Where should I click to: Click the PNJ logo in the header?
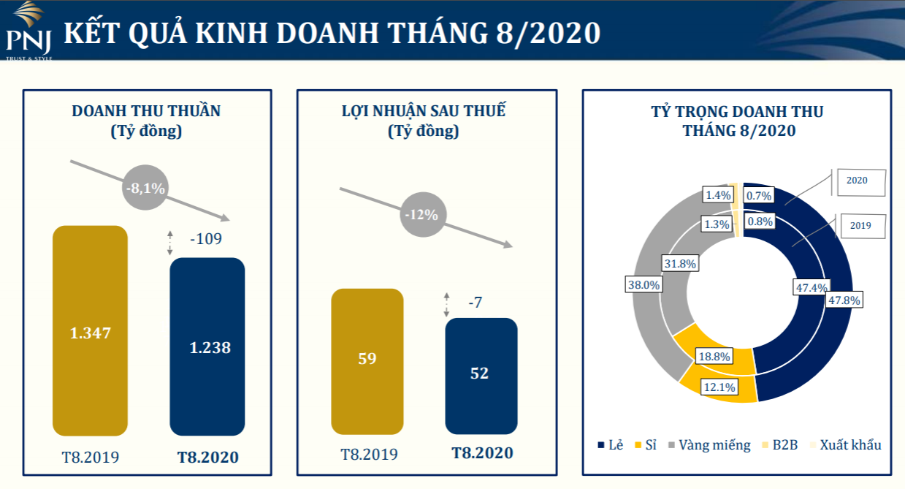(x=29, y=31)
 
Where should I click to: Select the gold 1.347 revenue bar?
(x=90, y=330)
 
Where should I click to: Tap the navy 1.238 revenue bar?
(x=207, y=346)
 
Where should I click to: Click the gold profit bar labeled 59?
(x=367, y=362)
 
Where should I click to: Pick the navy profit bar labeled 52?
(x=481, y=376)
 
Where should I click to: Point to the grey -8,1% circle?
(x=145, y=187)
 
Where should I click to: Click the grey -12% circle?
(x=423, y=214)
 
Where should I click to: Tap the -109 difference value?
(x=206, y=238)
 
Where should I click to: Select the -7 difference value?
(x=475, y=302)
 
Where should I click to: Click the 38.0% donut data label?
(x=644, y=284)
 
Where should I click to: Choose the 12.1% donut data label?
(x=719, y=387)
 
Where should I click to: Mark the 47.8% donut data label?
(x=844, y=300)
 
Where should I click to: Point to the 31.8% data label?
(x=680, y=263)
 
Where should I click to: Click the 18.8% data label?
(x=714, y=356)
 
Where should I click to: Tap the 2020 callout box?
(x=861, y=183)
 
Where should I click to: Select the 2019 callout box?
(x=863, y=226)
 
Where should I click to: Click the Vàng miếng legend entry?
(x=709, y=445)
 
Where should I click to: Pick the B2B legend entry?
(x=780, y=445)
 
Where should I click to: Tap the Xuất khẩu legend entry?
(x=846, y=445)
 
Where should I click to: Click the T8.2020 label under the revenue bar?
(x=208, y=457)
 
